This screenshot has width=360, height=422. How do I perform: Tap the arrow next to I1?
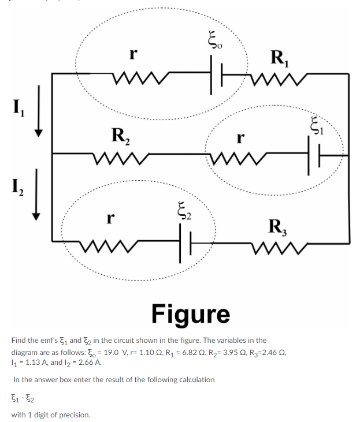39,110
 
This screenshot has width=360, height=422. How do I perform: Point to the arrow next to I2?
39,193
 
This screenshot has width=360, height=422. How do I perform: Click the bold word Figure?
191,313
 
